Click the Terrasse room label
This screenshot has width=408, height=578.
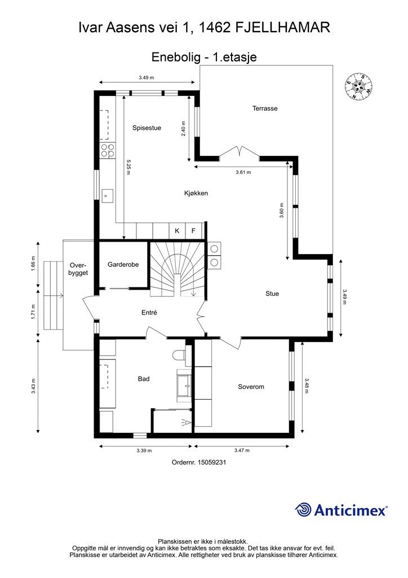265,108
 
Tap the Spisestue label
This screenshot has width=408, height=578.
147,128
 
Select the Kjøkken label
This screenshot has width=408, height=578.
196,193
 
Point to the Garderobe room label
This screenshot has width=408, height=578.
123,264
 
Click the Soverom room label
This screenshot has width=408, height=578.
251,387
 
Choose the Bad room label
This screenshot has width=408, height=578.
144,379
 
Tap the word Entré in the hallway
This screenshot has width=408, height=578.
149,312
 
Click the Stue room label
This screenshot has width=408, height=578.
272,294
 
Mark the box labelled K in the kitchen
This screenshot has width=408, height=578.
177,231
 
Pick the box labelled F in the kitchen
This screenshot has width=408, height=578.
193,231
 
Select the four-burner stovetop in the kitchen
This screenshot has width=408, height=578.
107,150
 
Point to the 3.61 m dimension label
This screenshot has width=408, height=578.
243,172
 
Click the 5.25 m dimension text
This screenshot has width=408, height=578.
128,168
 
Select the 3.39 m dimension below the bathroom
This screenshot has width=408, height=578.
144,450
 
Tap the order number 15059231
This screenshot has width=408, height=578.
199,462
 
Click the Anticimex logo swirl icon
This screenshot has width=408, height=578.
304,510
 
